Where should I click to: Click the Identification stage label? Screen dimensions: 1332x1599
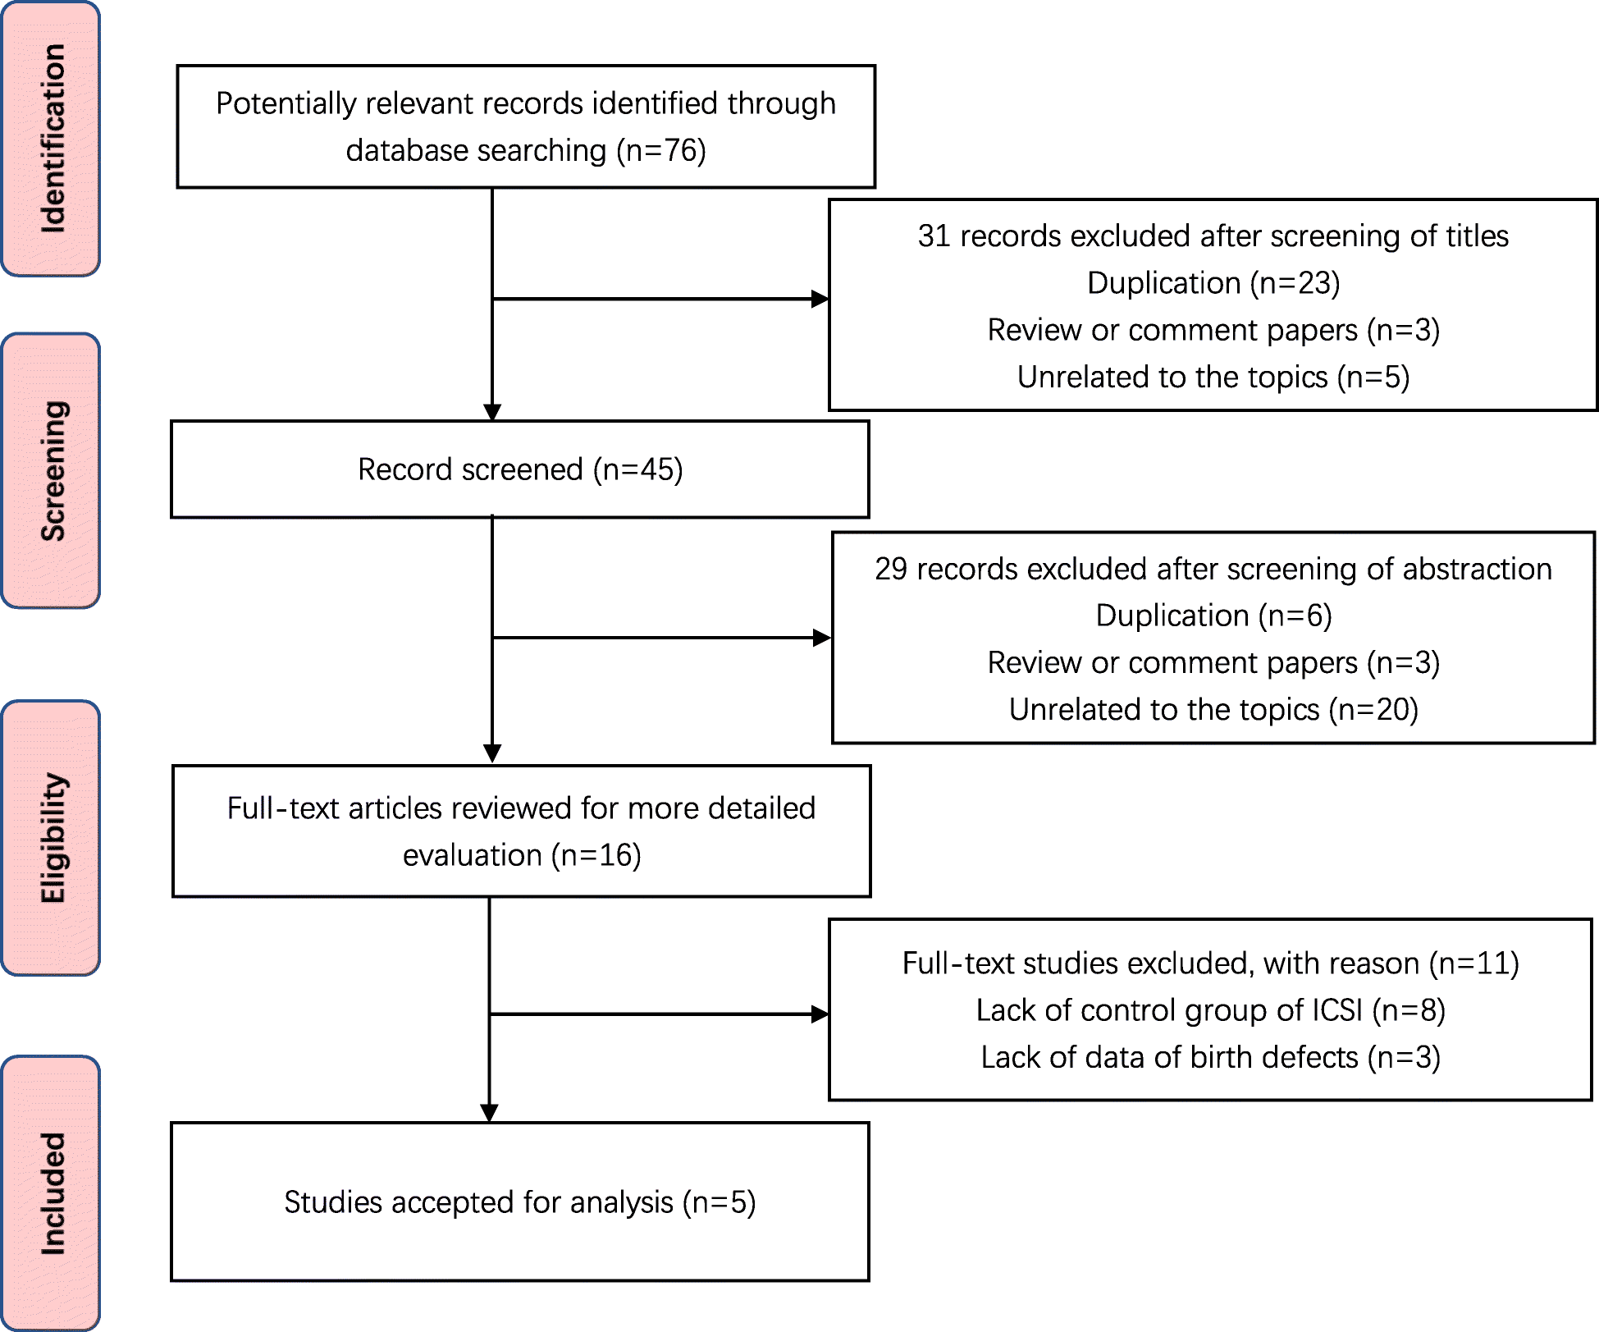pos(51,138)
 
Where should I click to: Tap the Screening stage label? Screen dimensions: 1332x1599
pos(51,470)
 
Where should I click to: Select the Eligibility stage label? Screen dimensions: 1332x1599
pos(51,838)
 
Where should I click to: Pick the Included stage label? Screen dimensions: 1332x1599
pos(51,1193)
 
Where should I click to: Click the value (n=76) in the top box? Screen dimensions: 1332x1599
pos(661,151)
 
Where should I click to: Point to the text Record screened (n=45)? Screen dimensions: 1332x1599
pos(520,469)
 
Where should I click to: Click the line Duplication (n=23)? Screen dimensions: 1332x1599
pos(1213,283)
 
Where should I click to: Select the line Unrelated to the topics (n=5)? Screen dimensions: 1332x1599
pos(1213,378)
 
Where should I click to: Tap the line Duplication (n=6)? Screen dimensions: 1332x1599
pos(1213,616)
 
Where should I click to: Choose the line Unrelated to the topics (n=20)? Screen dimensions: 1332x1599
pos(1213,710)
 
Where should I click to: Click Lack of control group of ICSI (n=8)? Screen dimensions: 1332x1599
pos(1210,1010)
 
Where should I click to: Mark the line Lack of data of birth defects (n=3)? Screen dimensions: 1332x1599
pos(1210,1057)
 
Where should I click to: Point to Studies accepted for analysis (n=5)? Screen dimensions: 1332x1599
pos(519,1202)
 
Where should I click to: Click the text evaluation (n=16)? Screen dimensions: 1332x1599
pos(522,855)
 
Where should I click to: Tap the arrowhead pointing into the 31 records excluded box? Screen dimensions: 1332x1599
pos(820,299)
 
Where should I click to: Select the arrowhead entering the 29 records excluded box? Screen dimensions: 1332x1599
pos(821,638)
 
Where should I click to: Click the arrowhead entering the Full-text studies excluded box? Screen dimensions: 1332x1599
pos(820,1014)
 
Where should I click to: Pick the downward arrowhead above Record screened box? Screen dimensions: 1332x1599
pos(492,412)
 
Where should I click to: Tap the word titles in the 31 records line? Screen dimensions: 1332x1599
pos(1477,236)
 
